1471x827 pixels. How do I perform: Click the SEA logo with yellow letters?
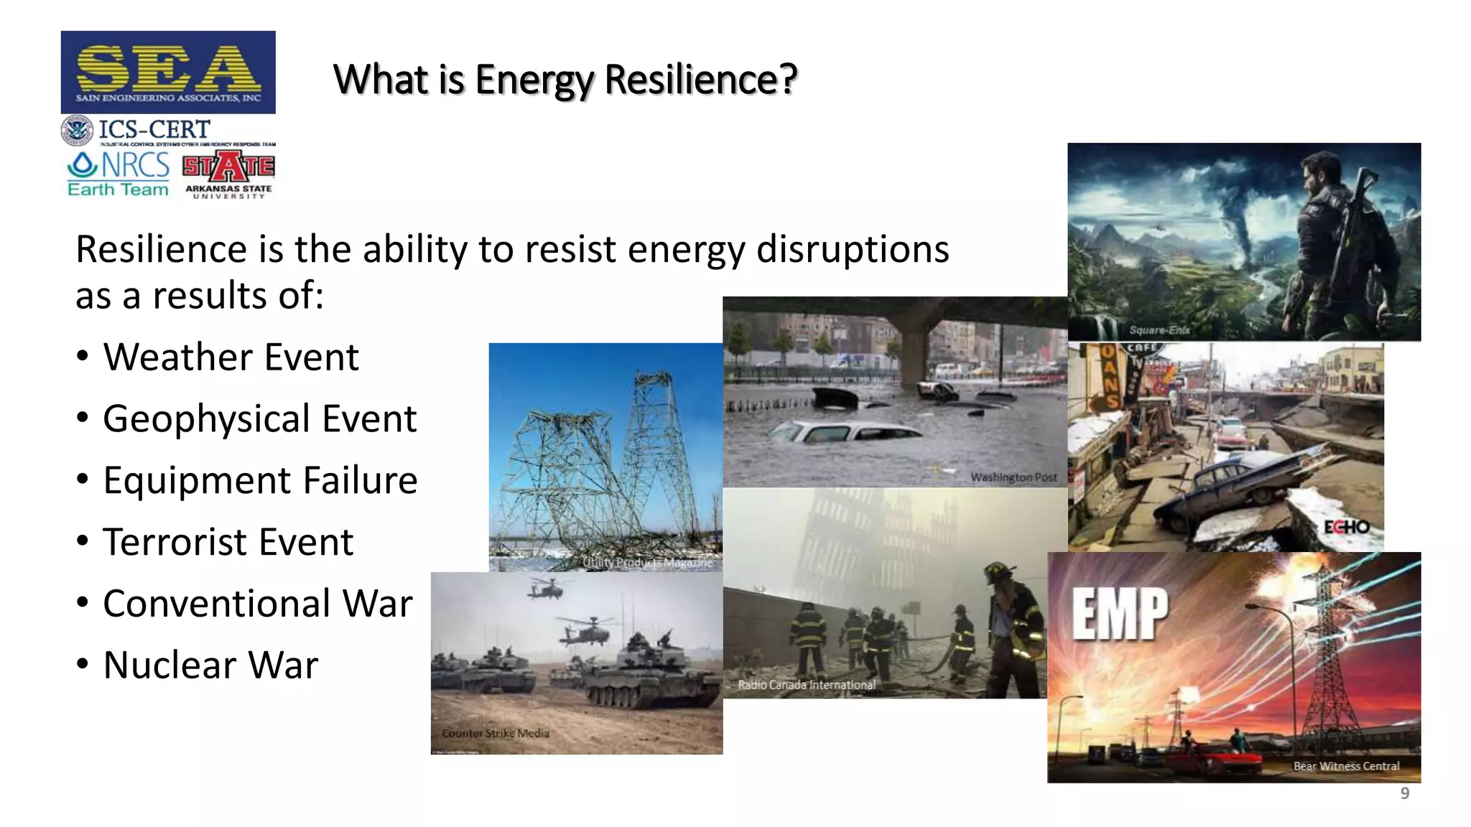[x=168, y=71]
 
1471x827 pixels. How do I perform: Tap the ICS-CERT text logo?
[x=154, y=130]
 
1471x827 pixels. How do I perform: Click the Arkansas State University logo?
[x=228, y=174]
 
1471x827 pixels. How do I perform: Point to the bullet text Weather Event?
[x=231, y=357]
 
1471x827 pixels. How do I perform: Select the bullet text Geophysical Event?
[x=259, y=419]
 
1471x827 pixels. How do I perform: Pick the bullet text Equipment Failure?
[x=260, y=480]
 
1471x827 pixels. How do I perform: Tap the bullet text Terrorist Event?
[x=228, y=542]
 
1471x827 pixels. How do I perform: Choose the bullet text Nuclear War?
[x=210, y=665]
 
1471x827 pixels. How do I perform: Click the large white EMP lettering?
[x=1119, y=614]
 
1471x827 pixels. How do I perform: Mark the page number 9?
[x=1405, y=793]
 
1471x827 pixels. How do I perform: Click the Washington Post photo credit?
[x=1013, y=477]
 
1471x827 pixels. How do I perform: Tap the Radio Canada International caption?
[x=807, y=685]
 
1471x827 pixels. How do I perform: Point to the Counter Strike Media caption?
[x=495, y=733]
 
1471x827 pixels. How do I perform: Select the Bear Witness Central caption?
[x=1346, y=766]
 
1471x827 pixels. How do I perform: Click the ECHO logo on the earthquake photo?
[x=1346, y=528]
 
